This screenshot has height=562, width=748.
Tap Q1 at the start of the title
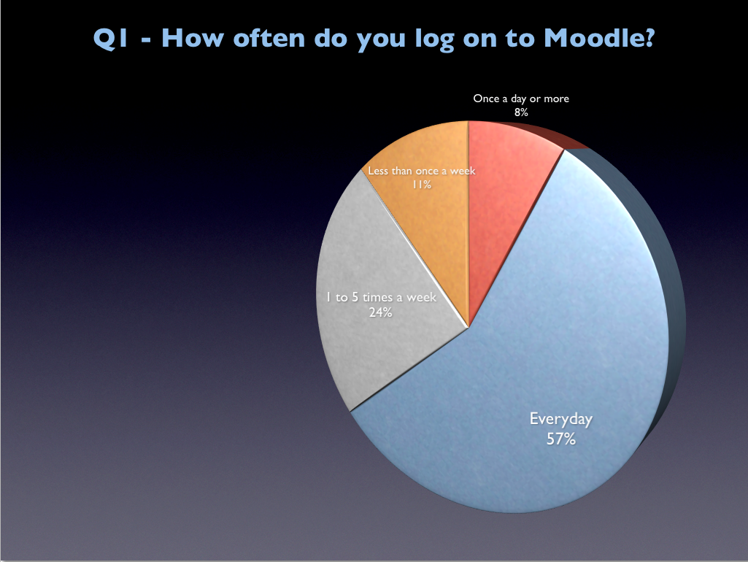(110, 38)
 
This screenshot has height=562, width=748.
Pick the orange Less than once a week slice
(429, 220)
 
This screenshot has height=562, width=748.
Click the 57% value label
(561, 439)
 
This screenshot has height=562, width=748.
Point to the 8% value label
(521, 112)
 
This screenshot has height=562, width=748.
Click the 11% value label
(422, 184)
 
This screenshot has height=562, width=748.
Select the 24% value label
(381, 312)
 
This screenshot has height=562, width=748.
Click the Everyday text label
(561, 420)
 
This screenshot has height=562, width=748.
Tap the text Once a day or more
(521, 99)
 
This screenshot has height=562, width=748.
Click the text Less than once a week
(422, 171)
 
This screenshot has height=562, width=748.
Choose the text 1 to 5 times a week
(381, 297)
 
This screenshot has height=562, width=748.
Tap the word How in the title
(192, 38)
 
